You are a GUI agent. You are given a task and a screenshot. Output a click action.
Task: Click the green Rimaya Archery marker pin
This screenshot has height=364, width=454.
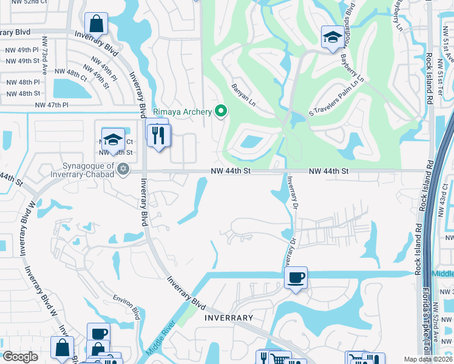click(221, 111)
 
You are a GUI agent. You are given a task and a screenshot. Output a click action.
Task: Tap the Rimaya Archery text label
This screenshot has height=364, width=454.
click(182, 112)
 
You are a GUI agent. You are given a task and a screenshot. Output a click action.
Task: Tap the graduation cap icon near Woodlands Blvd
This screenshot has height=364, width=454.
click(332, 38)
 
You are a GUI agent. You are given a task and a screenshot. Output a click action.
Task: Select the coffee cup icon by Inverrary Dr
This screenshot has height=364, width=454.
click(296, 277)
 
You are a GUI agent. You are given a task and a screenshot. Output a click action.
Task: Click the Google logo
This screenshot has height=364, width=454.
click(20, 357)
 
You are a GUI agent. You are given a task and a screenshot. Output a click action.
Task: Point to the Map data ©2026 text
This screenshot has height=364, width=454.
click(428, 359)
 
